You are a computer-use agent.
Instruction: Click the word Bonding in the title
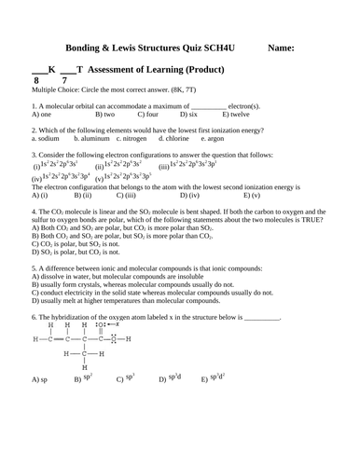point(87,47)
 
